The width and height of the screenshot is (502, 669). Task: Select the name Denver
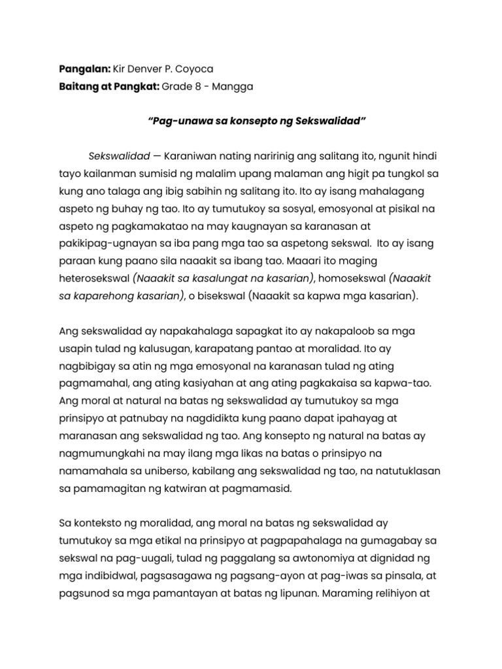[x=144, y=69]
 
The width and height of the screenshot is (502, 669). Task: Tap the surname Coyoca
[x=198, y=69]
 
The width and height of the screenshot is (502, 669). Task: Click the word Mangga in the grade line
[x=232, y=87]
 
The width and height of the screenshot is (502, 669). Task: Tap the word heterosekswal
[x=95, y=278]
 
